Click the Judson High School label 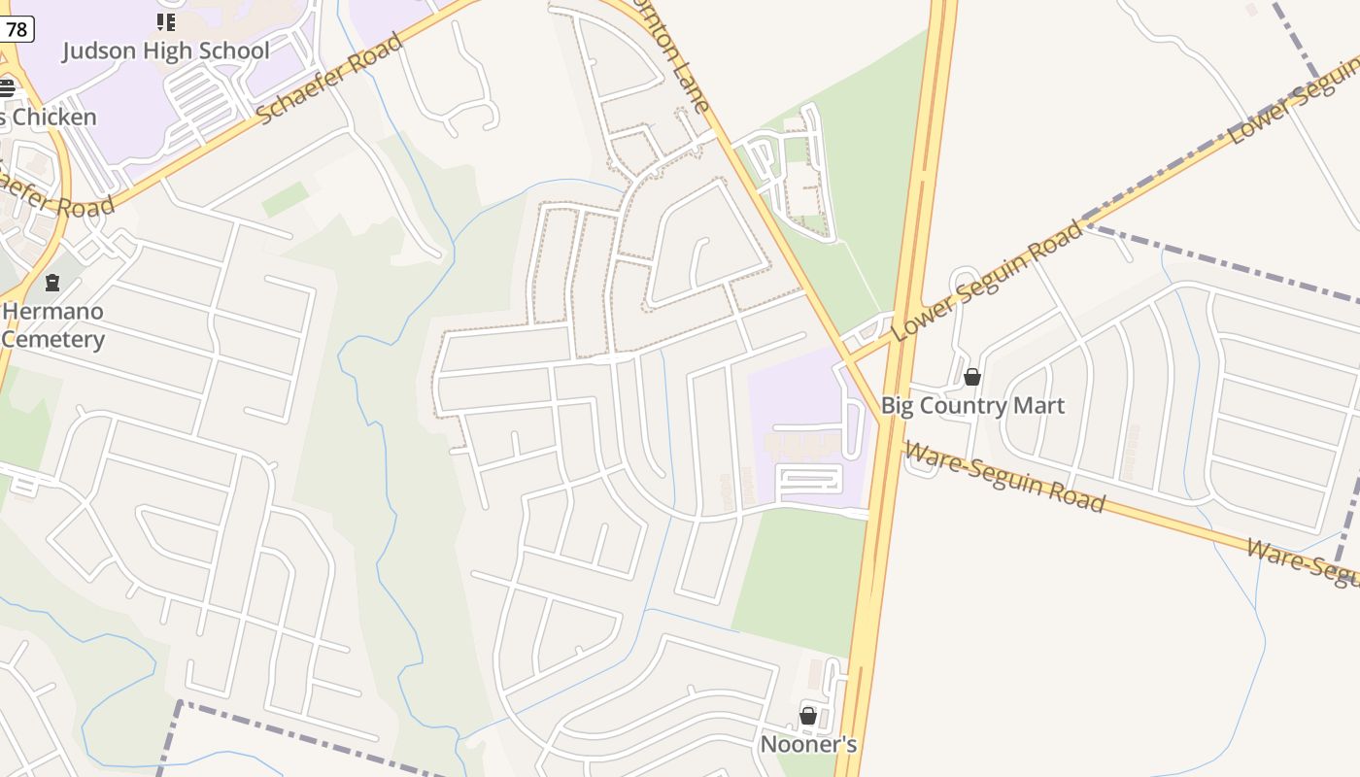[x=165, y=51]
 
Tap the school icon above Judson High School [x=165, y=21]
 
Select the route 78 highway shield [x=17, y=29]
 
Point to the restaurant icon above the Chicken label [x=7, y=88]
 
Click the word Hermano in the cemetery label [x=52, y=312]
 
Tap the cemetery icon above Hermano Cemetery [x=52, y=283]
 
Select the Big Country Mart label [x=972, y=405]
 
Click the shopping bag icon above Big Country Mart [x=972, y=377]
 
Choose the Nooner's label [x=808, y=745]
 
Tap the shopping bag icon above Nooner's [x=808, y=716]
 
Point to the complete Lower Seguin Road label [x=987, y=281]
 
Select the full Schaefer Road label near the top [x=330, y=78]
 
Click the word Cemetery [x=52, y=340]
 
